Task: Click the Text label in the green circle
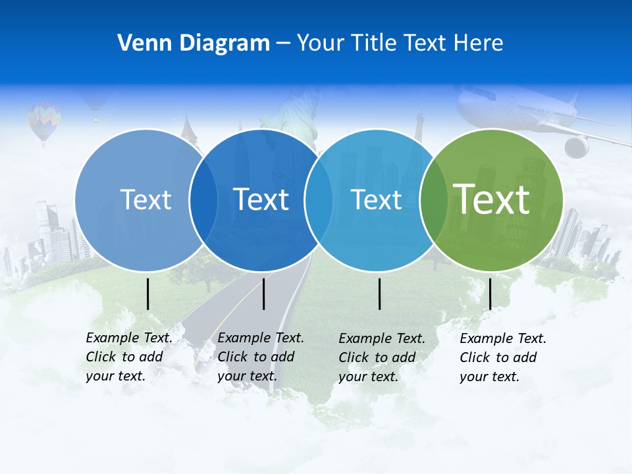[x=491, y=199]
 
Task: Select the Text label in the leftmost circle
[x=145, y=199]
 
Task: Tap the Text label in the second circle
[x=261, y=199]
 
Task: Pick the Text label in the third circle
[x=376, y=199]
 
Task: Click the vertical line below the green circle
[x=490, y=294]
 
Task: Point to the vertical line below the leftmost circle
[x=147, y=294]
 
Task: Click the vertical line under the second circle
[x=263, y=294]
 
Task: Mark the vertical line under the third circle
[x=379, y=294]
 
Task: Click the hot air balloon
[x=43, y=120]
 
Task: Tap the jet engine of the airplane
[x=576, y=146]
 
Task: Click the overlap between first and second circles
[x=203, y=199]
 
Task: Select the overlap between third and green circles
[x=431, y=199]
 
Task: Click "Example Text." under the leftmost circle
[x=129, y=338]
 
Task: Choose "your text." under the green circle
[x=489, y=377]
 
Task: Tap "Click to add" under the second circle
[x=255, y=357]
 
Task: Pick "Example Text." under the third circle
[x=382, y=338]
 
